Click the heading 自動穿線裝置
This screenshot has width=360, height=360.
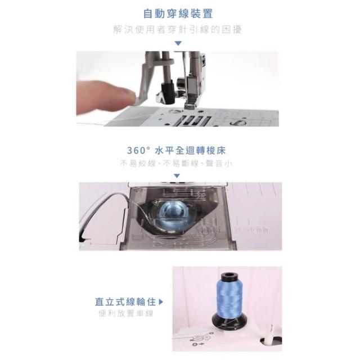tap(178, 13)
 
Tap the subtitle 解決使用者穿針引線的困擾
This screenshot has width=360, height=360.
tap(178, 30)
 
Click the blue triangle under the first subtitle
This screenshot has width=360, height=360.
tap(178, 43)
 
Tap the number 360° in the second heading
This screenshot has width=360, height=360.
tap(138, 151)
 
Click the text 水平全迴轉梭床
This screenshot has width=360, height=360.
tap(191, 151)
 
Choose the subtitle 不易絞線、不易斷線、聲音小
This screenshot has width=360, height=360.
tap(176, 164)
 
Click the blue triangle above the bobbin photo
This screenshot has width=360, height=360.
tap(177, 176)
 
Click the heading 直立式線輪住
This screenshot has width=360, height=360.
tap(125, 301)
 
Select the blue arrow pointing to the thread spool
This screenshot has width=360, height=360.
tap(161, 302)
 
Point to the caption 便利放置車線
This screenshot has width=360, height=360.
tap(126, 313)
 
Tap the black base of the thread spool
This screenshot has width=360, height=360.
tap(229, 321)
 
